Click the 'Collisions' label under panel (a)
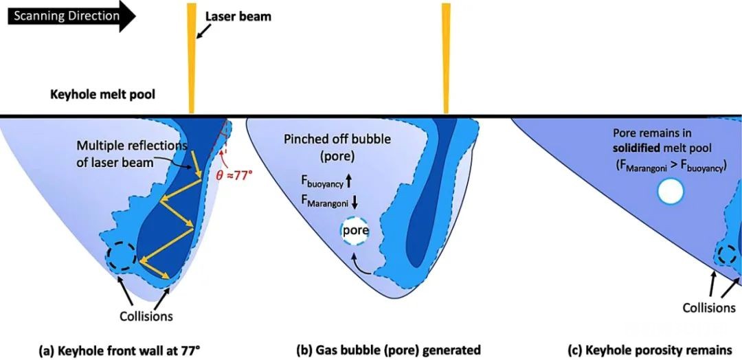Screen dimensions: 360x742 pos(145,317)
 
